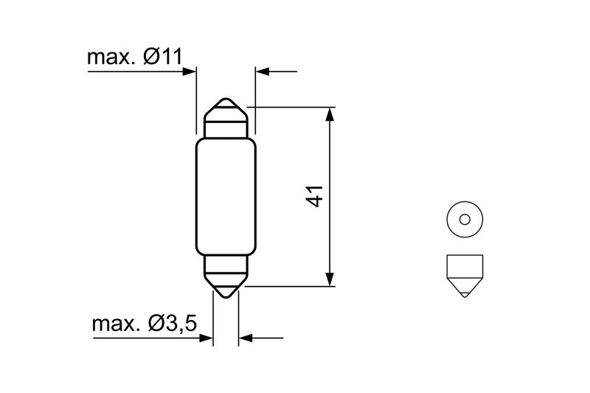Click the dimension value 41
(x=314, y=196)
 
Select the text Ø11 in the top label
(x=163, y=58)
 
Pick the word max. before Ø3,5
(x=117, y=324)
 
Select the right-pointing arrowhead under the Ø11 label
(x=190, y=72)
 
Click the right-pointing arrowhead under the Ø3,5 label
(x=206, y=338)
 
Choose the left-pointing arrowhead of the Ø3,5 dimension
(x=246, y=338)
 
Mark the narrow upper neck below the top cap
(x=226, y=128)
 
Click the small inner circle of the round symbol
(x=464, y=218)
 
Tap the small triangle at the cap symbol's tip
(x=464, y=293)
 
